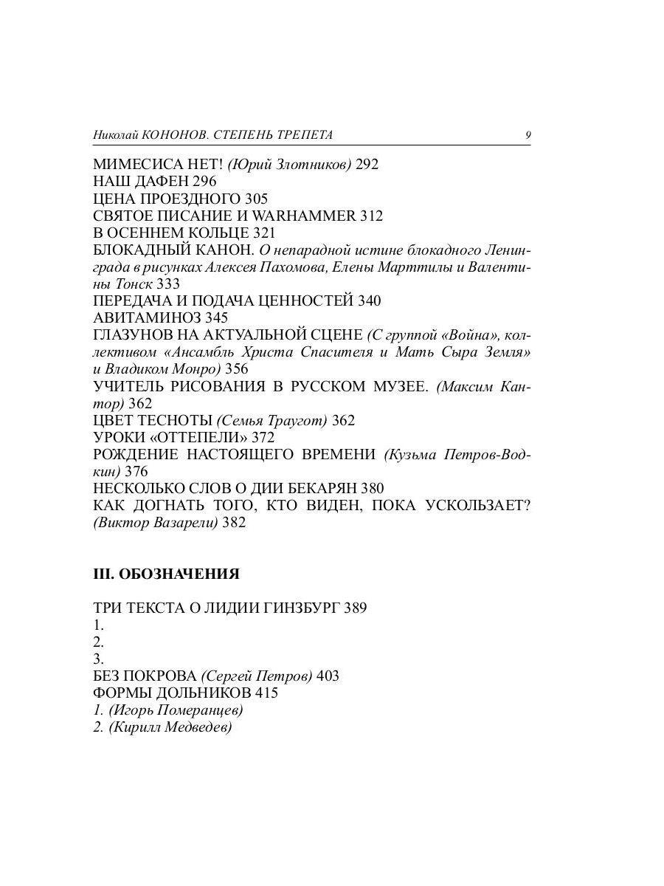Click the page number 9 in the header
528,135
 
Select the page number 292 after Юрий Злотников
367,165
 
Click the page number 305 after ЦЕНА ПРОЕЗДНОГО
256,199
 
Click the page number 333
168,284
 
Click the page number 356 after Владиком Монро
236,369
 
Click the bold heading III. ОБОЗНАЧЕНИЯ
166,574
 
